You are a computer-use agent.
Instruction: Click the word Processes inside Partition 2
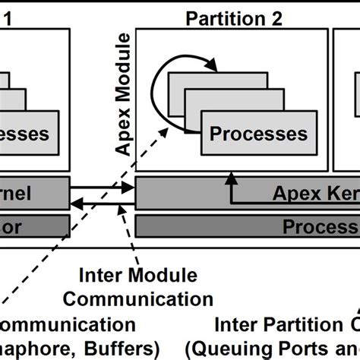coord(258,134)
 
